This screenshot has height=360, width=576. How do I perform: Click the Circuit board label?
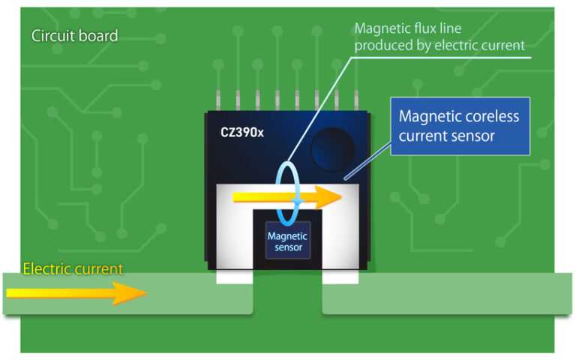click(74, 35)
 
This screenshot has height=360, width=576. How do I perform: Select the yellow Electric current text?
click(73, 268)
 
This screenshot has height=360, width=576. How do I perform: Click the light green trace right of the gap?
click(450, 293)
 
